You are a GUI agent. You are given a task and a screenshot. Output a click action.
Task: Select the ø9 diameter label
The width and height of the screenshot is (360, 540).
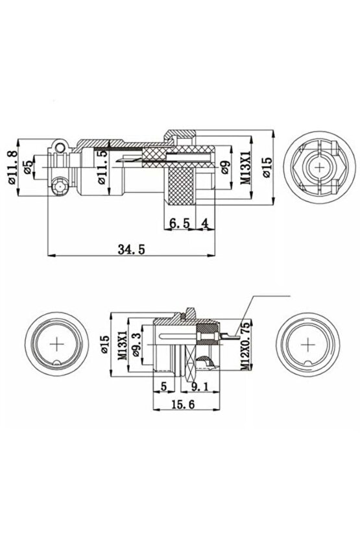click(224, 168)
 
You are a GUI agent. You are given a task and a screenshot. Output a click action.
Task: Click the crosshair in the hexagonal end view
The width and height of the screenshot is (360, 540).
click(320, 167)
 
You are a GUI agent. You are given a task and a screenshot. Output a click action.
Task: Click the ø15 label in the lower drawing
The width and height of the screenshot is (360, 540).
click(104, 344)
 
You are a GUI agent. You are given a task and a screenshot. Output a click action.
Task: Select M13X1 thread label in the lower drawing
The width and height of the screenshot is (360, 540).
click(121, 344)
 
